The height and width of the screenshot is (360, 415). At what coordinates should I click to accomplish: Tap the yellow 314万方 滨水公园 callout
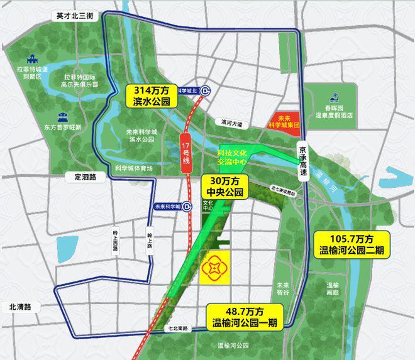tap(152, 95)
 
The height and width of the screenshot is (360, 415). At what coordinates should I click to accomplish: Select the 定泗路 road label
tap(85, 177)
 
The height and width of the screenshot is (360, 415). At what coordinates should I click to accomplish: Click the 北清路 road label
tap(24, 307)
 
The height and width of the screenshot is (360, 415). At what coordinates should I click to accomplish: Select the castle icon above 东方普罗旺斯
tap(62, 117)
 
